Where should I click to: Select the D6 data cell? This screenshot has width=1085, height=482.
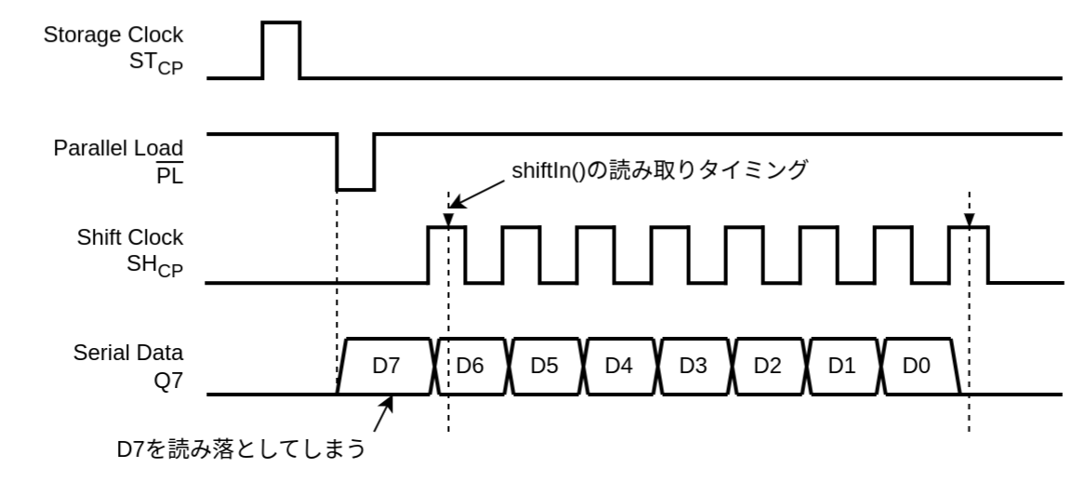[472, 366]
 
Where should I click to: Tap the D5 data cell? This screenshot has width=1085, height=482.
[545, 366]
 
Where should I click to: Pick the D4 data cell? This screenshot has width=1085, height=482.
[619, 366]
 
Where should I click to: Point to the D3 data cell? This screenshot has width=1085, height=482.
[694, 366]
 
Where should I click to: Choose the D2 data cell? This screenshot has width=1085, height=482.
[768, 366]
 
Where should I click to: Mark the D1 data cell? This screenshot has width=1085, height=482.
[842, 366]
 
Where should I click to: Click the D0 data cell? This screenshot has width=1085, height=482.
[917, 366]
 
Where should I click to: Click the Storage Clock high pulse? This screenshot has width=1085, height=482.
[282, 49]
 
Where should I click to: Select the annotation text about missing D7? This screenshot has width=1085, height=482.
[237, 450]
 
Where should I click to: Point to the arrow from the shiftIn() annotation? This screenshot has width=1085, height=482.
[478, 194]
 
